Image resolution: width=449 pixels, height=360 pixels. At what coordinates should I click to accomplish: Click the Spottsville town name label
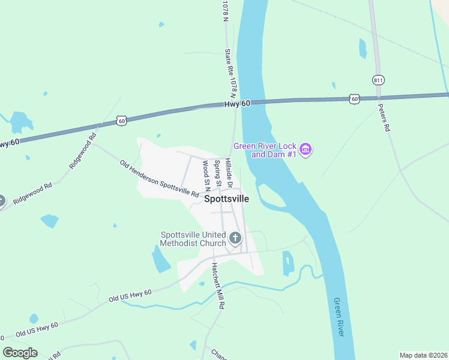[226, 199]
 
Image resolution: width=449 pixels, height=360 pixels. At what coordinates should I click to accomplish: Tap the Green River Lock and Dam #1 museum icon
[306, 149]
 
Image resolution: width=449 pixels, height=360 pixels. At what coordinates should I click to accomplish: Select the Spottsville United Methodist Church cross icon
[235, 239]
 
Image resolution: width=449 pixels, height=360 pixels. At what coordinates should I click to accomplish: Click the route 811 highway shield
[378, 80]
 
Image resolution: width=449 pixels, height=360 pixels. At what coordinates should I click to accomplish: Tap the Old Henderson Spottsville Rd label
[159, 178]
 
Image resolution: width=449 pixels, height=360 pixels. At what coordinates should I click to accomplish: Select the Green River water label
[340, 317]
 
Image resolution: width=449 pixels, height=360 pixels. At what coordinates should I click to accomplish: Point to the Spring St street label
[219, 173]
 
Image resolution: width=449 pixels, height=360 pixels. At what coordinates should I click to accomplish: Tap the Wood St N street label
[206, 172]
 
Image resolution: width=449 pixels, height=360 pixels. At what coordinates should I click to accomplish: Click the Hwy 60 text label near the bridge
[237, 104]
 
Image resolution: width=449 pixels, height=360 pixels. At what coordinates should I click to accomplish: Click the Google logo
[20, 353]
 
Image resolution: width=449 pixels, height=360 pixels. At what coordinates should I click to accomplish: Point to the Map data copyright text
[423, 355]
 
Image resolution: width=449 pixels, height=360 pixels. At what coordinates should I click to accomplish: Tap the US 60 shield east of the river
[354, 98]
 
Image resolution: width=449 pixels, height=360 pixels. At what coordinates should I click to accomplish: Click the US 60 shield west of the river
[122, 121]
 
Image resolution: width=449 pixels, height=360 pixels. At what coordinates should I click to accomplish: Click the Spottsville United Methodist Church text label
[193, 239]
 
